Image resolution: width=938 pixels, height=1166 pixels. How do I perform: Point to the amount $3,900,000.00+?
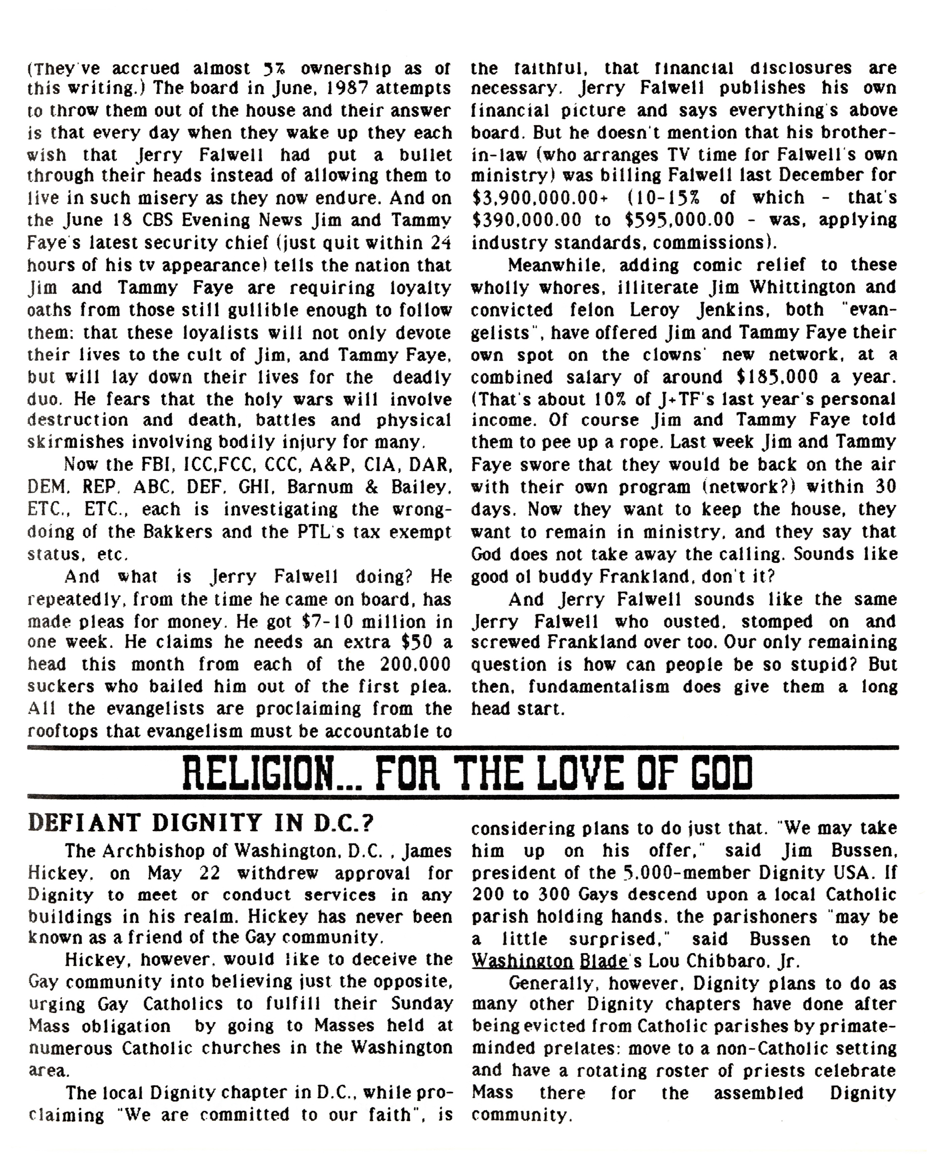pos(540,198)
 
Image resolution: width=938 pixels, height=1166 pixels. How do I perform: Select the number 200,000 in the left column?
pos(416,664)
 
